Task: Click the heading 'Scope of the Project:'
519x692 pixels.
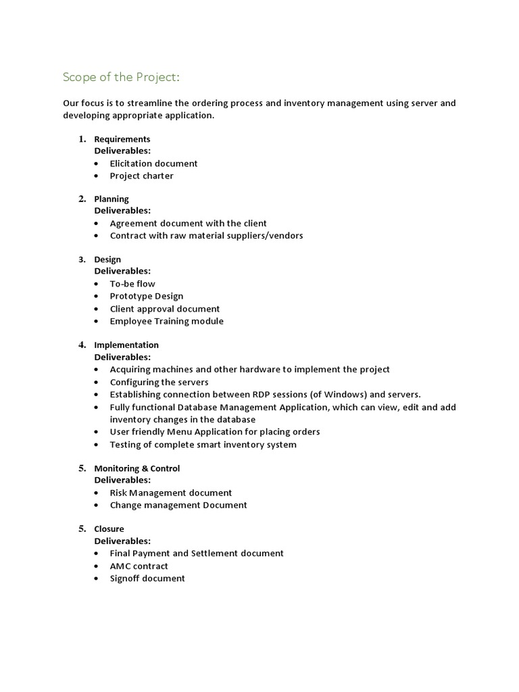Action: (122, 77)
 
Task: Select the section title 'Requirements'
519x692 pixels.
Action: (122, 139)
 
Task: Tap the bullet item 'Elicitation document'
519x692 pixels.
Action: (153, 164)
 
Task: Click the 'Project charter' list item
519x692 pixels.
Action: (141, 176)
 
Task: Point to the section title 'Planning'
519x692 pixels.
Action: (111, 199)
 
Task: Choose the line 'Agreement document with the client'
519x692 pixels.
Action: (188, 224)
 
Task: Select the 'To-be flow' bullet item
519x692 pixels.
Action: (132, 284)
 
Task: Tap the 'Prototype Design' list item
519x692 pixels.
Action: (146, 296)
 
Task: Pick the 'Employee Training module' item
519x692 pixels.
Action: (166, 321)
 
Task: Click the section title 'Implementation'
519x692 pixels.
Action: (126, 345)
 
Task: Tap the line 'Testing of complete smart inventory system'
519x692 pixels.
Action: (203, 445)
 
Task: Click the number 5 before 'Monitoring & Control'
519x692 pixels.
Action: (82, 468)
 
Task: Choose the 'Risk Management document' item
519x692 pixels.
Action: (170, 493)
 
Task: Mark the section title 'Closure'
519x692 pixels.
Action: (109, 529)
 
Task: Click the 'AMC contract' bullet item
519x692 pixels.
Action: (139, 566)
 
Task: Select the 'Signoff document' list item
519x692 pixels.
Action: (147, 578)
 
